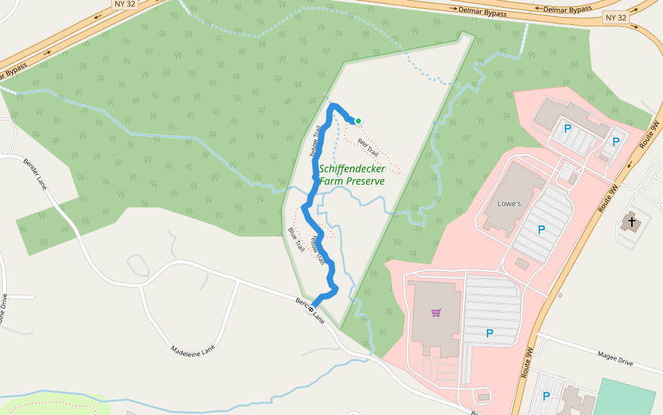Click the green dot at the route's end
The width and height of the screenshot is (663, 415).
pyautogui.click(x=358, y=121)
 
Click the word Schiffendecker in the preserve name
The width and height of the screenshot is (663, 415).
pyautogui.click(x=352, y=168)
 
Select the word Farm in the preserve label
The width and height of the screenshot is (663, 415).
pyautogui.click(x=331, y=181)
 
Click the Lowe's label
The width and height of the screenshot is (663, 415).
pyautogui.click(x=509, y=204)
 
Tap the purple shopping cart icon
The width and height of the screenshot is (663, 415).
pyautogui.click(x=436, y=313)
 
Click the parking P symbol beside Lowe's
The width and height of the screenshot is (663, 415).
pyautogui.click(x=541, y=229)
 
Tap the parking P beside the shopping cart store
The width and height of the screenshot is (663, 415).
pyautogui.click(x=490, y=333)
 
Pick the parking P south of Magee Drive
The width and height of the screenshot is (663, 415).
pyautogui.click(x=546, y=396)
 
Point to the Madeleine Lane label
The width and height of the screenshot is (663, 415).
pyautogui.click(x=193, y=350)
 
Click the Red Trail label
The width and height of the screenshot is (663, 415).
pyautogui.click(x=367, y=147)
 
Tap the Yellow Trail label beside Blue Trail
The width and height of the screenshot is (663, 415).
pyautogui.click(x=317, y=250)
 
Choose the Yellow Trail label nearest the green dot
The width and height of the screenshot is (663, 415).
pyautogui.click(x=315, y=139)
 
